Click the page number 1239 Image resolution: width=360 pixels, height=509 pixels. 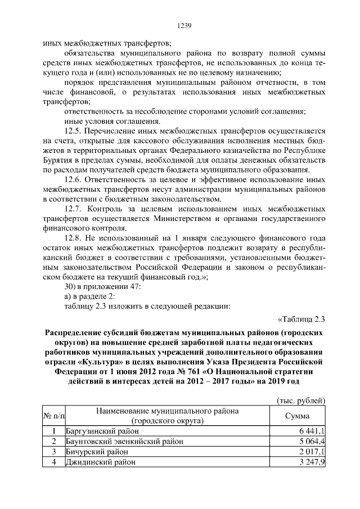pos(185,25)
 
